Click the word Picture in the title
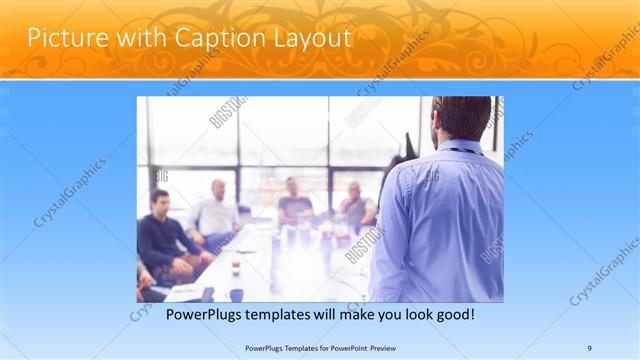pyautogui.click(x=62, y=38)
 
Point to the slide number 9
pyautogui.click(x=589, y=347)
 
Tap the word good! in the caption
pyautogui.click(x=451, y=314)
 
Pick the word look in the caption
pyautogui.click(x=407, y=314)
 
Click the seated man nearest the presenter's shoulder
pyautogui.click(x=355, y=206)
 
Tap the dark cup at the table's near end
pyautogui.click(x=236, y=294)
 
